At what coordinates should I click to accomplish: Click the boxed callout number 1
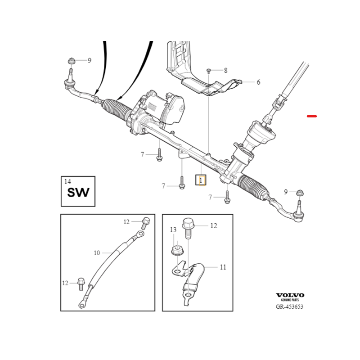[200, 180]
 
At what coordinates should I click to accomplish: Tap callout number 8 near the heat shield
[225, 71]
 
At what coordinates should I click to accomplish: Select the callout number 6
[258, 82]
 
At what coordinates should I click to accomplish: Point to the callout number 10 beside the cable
[97, 253]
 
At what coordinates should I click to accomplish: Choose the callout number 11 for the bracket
[223, 267]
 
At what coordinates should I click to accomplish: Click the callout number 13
[173, 230]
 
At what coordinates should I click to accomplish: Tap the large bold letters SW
[78, 193]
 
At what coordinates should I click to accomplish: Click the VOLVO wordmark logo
[290, 295]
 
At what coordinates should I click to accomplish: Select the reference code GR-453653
[290, 307]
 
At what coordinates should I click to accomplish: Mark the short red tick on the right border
[312, 116]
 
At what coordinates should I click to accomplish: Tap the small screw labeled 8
[209, 71]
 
